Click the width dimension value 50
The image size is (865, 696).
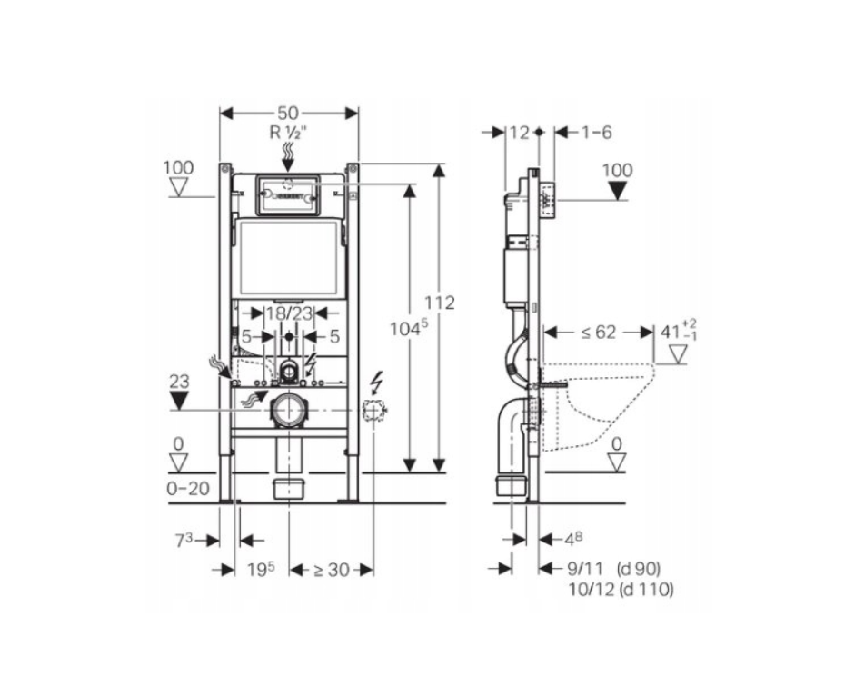click(288, 113)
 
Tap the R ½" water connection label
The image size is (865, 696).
click(288, 132)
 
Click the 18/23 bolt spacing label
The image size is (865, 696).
click(288, 313)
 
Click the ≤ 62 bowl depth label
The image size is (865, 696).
click(594, 332)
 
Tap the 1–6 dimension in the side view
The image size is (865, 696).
click(596, 133)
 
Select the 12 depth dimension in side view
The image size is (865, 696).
click(519, 133)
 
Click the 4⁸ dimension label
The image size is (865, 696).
click(573, 540)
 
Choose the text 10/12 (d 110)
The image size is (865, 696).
click(619, 590)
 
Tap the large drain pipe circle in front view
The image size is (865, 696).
click(288, 411)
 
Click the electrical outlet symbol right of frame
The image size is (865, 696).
click(373, 411)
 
